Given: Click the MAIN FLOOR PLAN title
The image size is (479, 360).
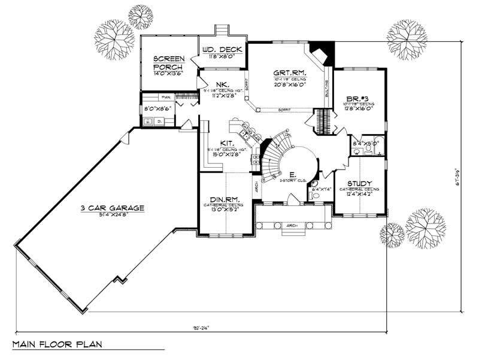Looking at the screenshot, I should point(57,344).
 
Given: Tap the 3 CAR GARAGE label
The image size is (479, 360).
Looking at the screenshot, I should point(113,208).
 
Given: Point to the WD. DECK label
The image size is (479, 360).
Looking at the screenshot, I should point(222,49).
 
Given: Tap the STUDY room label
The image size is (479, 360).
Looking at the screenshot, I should point(359,183).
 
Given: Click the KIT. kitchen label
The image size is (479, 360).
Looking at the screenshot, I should point(226,143).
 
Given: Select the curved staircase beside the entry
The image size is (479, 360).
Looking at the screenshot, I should point(273,157).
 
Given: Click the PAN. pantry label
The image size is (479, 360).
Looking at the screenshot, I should point(165,96).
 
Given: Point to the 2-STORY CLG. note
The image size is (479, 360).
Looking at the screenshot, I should point(293,179).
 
